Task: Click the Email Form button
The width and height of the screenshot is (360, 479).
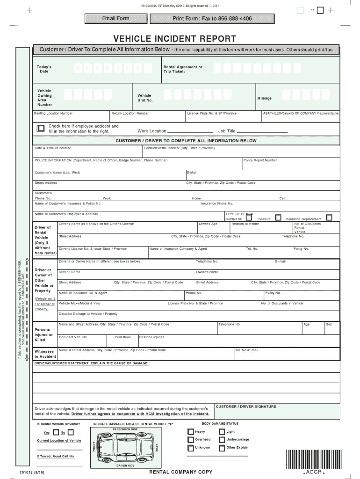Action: pos(116,18)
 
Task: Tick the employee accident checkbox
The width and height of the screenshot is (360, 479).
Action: pos(41,128)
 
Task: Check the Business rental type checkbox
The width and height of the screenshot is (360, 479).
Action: pos(249,218)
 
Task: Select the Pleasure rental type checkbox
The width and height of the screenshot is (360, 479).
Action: pos(278,218)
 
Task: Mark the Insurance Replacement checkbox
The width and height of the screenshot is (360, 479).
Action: pos(329,218)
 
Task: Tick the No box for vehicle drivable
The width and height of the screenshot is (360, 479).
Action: pos(69,432)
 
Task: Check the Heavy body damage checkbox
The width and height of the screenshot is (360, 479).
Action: pos(190,431)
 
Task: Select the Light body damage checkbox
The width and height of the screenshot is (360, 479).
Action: pos(221,431)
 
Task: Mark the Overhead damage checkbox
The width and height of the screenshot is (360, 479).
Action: pos(190,440)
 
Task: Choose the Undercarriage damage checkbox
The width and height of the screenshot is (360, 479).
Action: pos(221,440)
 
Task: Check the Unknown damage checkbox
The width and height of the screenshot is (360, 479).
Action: pos(190,448)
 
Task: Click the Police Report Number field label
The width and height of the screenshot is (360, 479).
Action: pos(260,160)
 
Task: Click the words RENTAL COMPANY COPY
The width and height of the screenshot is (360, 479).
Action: pos(180,472)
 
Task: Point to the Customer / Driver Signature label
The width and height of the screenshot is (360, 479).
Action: pos(246,406)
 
